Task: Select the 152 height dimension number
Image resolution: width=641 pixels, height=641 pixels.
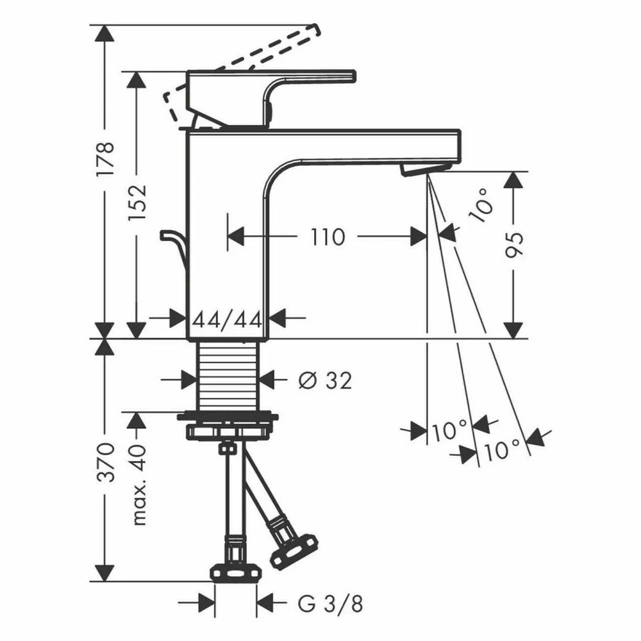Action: tap(137, 203)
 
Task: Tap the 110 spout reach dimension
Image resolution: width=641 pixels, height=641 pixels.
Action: tap(328, 237)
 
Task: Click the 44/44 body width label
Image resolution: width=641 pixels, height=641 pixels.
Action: tap(228, 320)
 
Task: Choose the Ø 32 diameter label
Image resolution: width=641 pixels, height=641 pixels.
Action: tap(325, 381)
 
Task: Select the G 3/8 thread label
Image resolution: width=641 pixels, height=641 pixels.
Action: tap(330, 604)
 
